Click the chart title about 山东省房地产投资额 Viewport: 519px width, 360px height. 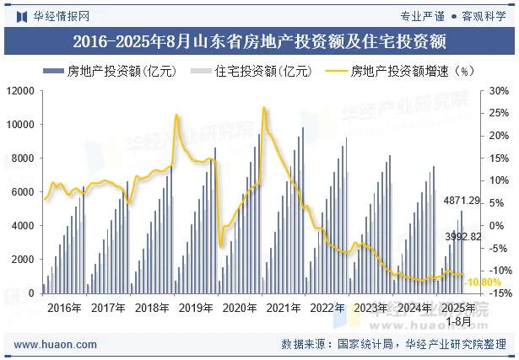(259, 40)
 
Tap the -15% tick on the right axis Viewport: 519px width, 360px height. (498, 293)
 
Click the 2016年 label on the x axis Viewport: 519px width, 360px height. (64, 308)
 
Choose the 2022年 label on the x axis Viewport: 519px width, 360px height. (327, 308)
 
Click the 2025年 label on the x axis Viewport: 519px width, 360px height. (458, 308)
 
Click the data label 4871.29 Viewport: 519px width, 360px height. (462, 201)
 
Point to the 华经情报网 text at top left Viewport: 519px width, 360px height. (61, 16)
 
